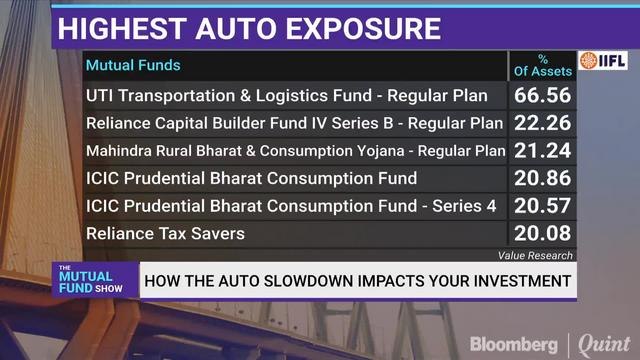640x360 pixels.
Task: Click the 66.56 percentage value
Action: (x=544, y=96)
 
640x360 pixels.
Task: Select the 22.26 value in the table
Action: (x=544, y=124)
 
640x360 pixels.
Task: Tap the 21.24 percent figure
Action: (x=544, y=151)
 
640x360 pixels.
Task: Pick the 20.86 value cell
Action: (x=544, y=179)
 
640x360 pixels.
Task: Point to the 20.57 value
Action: (x=544, y=206)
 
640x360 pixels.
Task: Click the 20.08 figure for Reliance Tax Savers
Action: (x=544, y=234)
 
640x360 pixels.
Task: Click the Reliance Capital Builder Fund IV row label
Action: (x=295, y=124)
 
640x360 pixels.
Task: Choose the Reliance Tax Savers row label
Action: (x=165, y=234)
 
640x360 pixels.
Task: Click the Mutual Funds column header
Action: (x=133, y=66)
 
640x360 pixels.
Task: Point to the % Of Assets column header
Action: (x=543, y=66)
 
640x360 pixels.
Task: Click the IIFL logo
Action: (x=603, y=60)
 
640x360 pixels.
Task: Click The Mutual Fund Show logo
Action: (x=89, y=281)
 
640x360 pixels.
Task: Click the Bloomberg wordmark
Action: (x=515, y=341)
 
